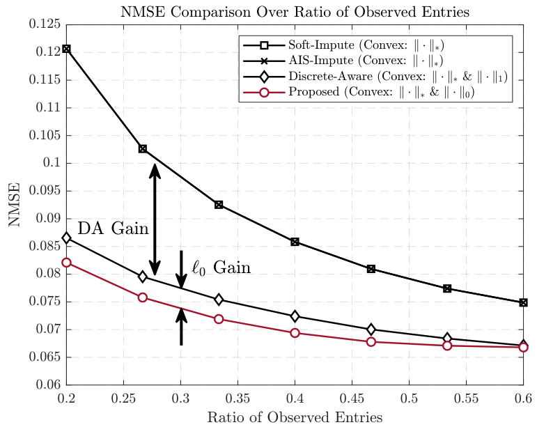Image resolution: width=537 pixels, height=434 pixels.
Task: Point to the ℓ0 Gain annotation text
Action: point(221,268)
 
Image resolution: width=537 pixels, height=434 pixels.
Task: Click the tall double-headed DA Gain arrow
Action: point(155,219)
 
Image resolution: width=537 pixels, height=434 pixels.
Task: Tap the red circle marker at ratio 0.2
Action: point(66,263)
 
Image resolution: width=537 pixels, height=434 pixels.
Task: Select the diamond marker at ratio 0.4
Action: point(295,316)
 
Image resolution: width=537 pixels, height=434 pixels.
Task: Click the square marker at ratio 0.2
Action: point(66,49)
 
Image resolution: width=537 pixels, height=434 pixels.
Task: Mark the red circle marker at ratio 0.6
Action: point(523,347)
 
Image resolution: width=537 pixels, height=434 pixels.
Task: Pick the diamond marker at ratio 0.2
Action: point(66,238)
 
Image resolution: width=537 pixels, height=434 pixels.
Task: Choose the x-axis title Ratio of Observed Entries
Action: point(295,418)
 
